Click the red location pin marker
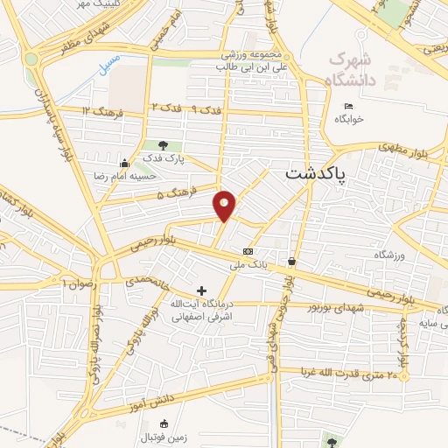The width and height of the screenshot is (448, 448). [x=226, y=205]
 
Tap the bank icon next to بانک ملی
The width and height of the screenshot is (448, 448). [x=248, y=251]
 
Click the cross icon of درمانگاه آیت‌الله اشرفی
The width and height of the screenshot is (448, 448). [x=202, y=290]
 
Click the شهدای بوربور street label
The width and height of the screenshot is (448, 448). [x=331, y=309]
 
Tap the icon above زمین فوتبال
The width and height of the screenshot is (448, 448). [x=164, y=423]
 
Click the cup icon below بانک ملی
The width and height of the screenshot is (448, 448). [x=291, y=261]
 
